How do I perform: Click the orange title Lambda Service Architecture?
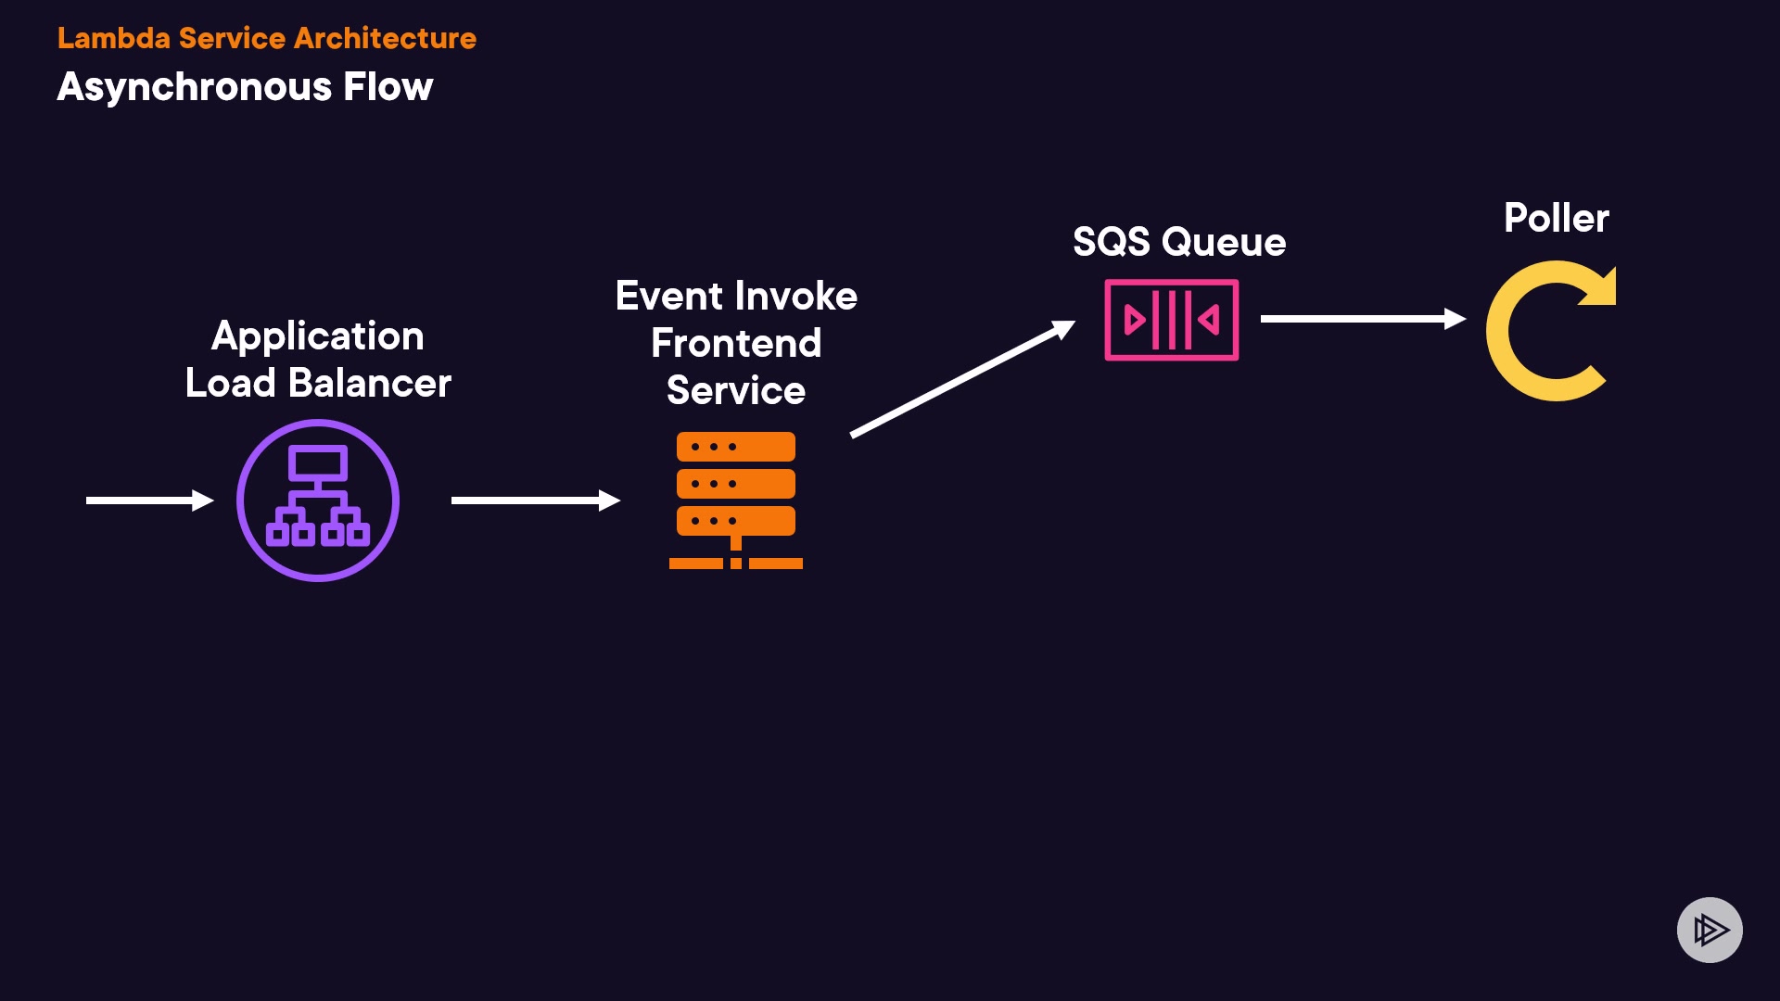[x=267, y=38]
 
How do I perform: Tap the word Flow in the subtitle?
[x=388, y=87]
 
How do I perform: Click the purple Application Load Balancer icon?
[x=318, y=500]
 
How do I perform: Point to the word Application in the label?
[x=317, y=336]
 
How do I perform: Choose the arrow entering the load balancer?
[x=148, y=500]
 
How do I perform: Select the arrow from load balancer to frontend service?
[x=534, y=500]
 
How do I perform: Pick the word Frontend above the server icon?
[x=736, y=344]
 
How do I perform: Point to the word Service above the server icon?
[x=736, y=391]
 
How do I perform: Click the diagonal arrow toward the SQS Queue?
[x=962, y=378]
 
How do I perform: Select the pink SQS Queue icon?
[x=1172, y=320]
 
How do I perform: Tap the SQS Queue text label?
[x=1179, y=242]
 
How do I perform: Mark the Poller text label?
[x=1557, y=219]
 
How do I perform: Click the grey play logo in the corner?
[x=1710, y=930]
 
